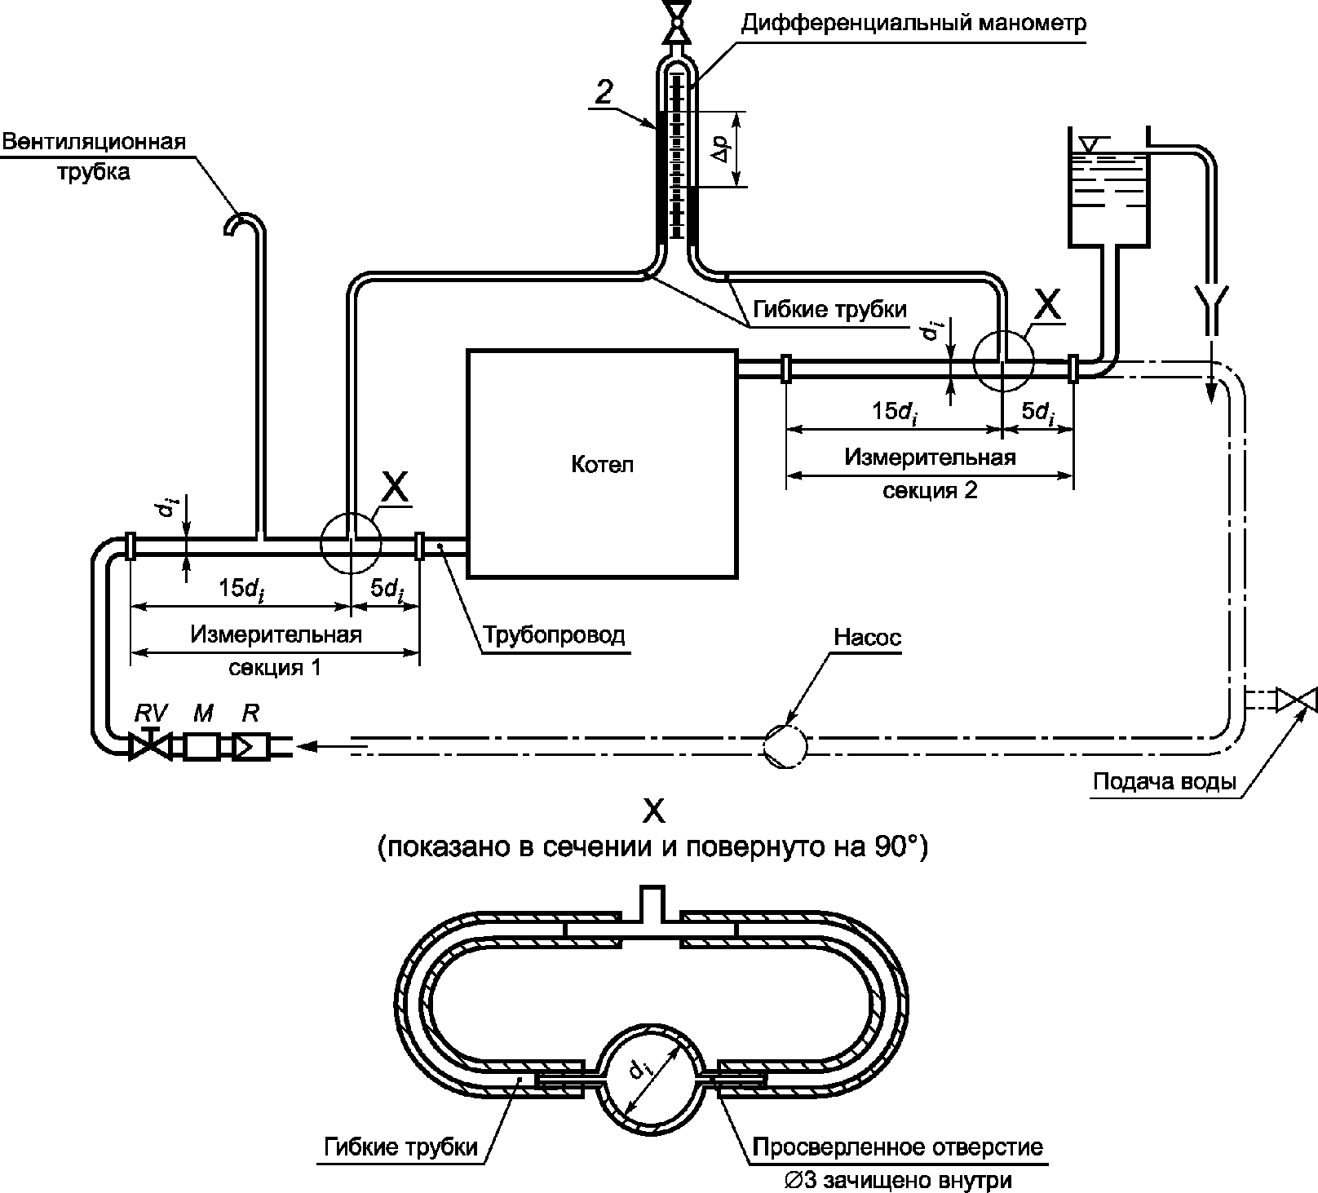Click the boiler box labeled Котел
coord(602,464)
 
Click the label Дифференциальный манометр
coord(913,22)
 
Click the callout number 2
coord(604,92)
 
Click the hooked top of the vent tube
coord(241,220)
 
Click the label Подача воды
coord(1165,782)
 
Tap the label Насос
coord(868,638)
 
